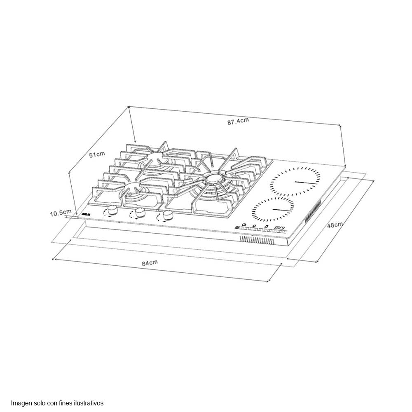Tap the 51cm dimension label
(x=97, y=154)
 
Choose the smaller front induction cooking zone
(x=273, y=209)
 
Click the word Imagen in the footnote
(x=21, y=403)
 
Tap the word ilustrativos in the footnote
(x=90, y=403)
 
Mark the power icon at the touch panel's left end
(x=237, y=226)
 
